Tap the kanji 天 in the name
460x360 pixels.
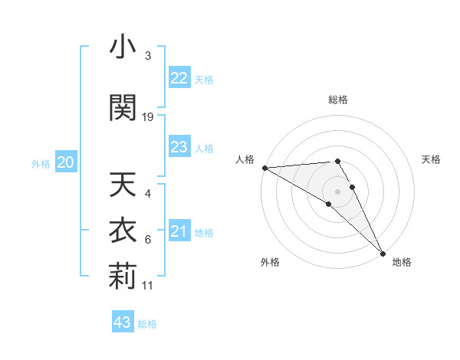(123, 186)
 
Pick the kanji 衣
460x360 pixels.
(123, 231)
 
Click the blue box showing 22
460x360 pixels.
(179, 78)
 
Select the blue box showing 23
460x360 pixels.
(179, 147)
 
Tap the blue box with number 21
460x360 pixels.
(179, 231)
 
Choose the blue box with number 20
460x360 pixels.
(66, 162)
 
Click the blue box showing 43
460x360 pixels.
(122, 322)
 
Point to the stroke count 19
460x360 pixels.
(148, 116)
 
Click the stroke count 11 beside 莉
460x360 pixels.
(148, 286)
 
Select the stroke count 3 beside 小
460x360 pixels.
(148, 56)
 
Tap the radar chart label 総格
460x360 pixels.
(338, 100)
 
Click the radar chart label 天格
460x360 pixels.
(432, 159)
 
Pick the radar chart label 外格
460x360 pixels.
(270, 263)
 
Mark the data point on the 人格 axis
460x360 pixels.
(264, 168)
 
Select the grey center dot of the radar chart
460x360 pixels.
(338, 191)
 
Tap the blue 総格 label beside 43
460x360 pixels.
(147, 324)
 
